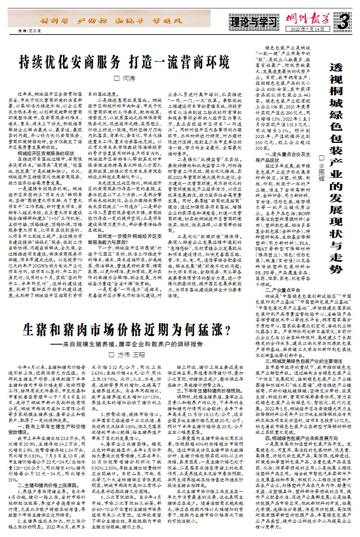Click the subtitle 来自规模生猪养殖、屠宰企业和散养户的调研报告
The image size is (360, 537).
coord(131,344)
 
